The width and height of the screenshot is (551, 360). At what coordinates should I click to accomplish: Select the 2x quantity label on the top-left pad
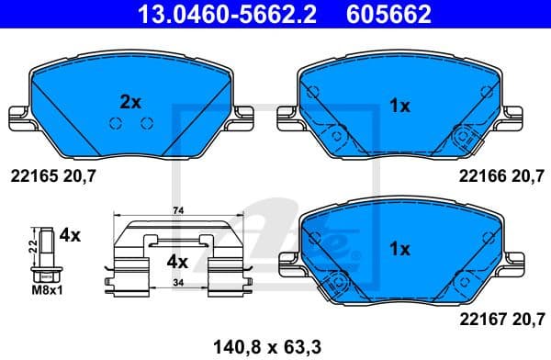130,102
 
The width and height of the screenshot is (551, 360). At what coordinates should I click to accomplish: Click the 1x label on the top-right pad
399,107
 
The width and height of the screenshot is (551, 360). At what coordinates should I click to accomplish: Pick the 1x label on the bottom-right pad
399,248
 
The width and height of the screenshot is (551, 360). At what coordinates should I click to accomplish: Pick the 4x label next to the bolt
70,236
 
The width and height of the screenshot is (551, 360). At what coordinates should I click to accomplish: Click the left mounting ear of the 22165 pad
18,117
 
